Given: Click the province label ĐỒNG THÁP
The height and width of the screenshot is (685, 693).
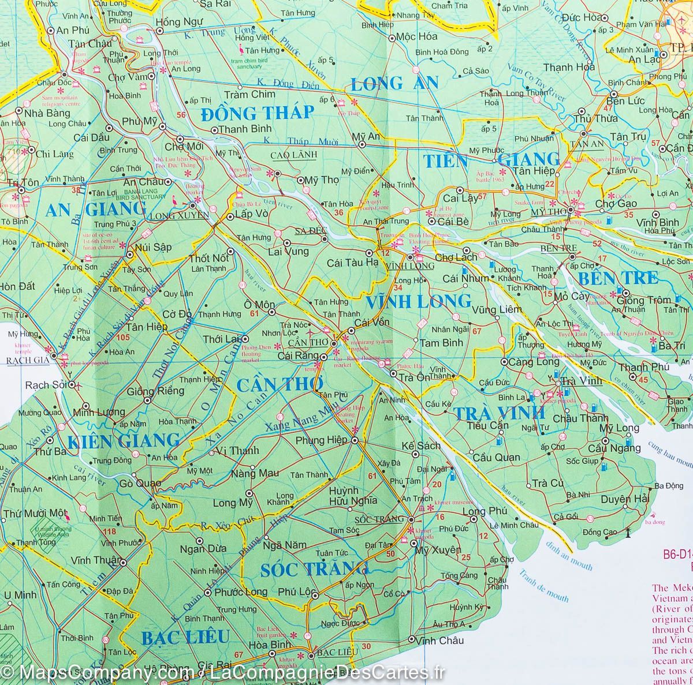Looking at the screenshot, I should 258,112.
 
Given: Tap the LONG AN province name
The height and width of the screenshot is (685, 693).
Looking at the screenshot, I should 385,84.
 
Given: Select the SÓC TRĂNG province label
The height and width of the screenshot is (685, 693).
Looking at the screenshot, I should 314,570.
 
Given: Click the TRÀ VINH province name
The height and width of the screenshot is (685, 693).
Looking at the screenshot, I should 498,413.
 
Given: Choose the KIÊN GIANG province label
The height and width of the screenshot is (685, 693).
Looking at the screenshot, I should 124,441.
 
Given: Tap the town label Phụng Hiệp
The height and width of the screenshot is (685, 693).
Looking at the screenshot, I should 321,440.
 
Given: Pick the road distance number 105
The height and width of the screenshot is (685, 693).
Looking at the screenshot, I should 123,338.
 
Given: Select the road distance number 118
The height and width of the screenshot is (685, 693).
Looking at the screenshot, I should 107,531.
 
